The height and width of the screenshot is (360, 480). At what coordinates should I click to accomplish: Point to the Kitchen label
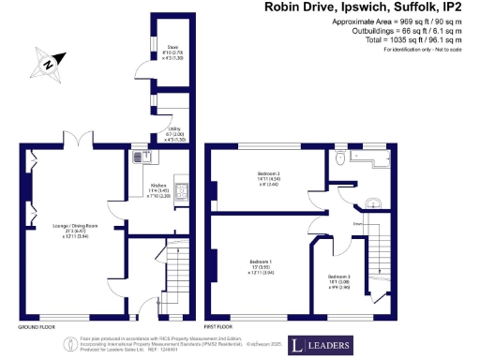tap(159, 192)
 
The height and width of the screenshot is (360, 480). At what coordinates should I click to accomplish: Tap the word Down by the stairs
tap(357, 224)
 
